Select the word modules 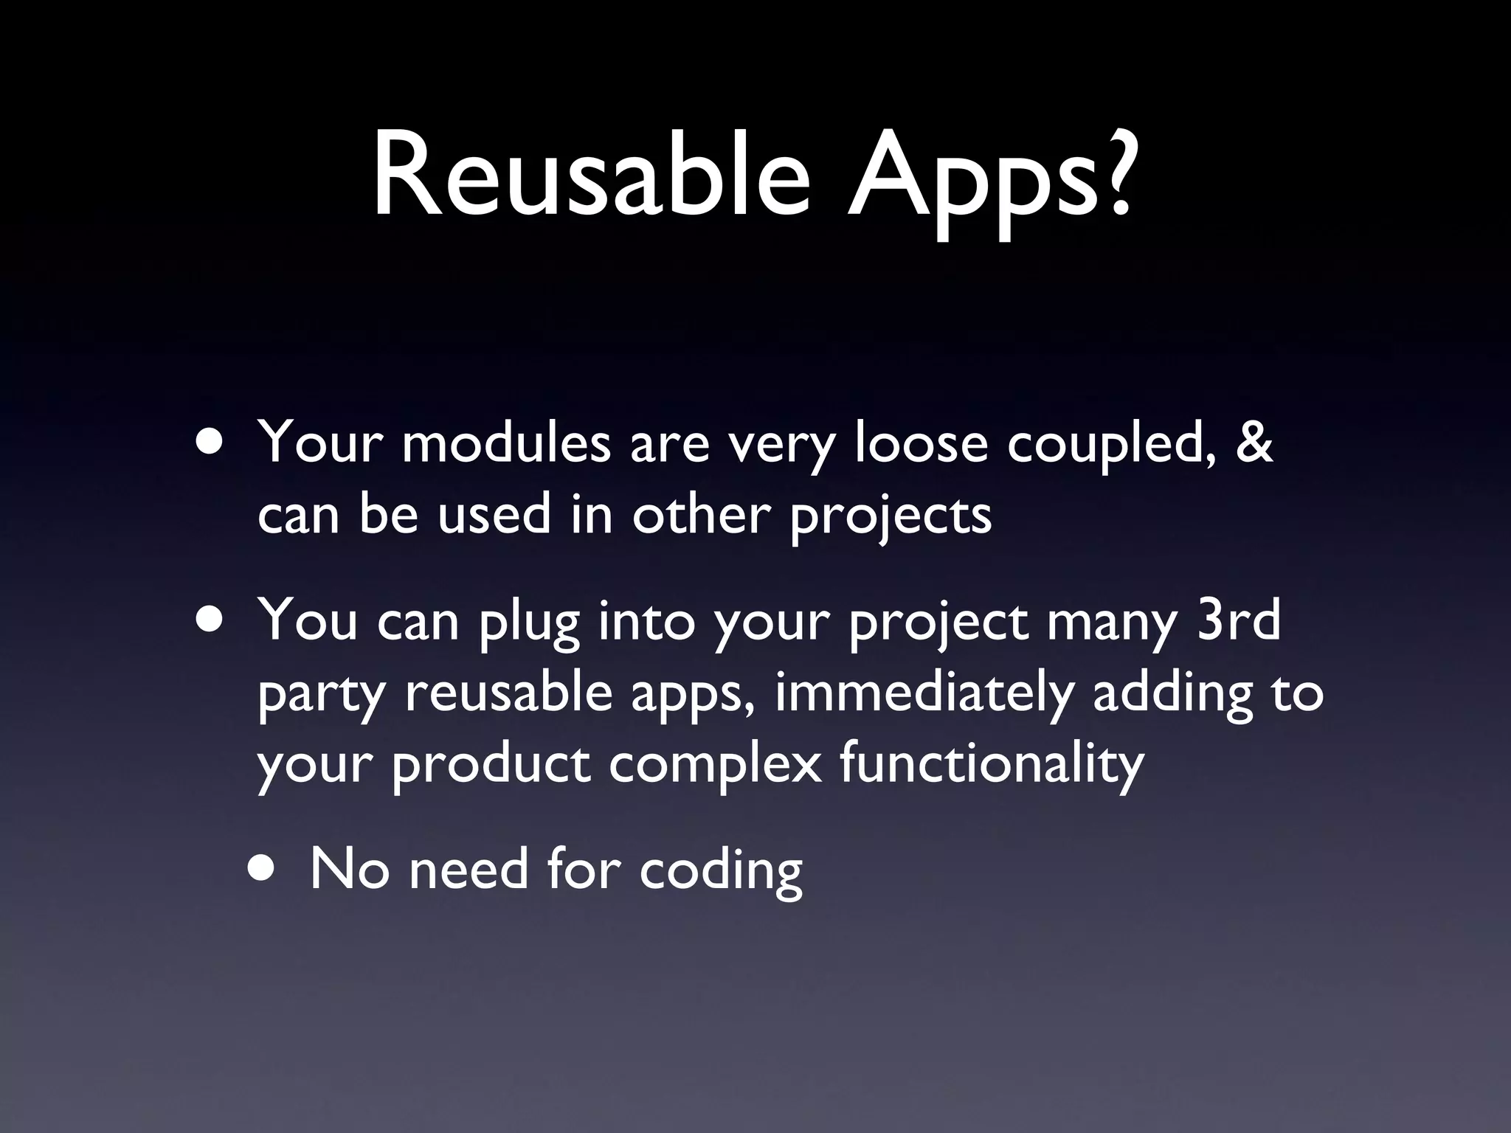click(505, 444)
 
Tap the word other click(701, 514)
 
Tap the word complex click(714, 766)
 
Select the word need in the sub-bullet click(468, 869)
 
